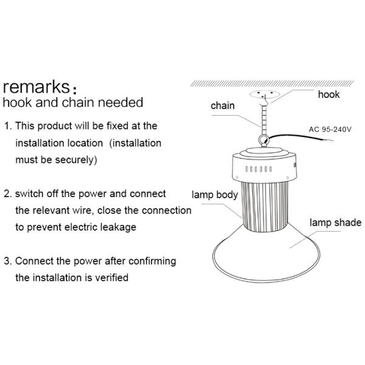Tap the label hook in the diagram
click(x=329, y=95)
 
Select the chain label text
click(x=223, y=106)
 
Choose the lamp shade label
click(x=336, y=223)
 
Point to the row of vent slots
click(x=259, y=169)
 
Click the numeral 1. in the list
click(x=8, y=126)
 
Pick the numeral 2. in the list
click(x=8, y=194)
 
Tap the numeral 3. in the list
click(x=8, y=262)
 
